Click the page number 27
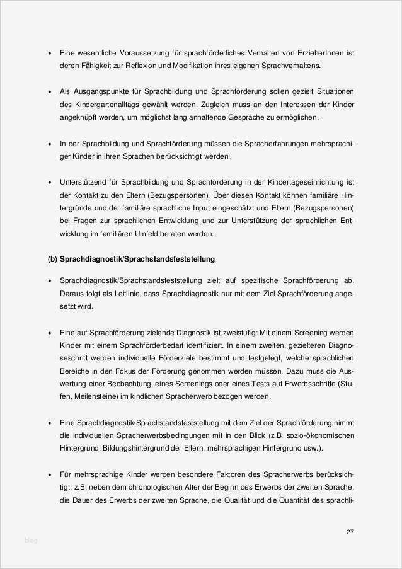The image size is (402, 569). tap(350, 532)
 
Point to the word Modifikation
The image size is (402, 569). tap(215, 66)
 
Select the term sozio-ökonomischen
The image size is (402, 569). tap(319, 435)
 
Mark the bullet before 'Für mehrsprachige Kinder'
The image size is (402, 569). tap(50, 474)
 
